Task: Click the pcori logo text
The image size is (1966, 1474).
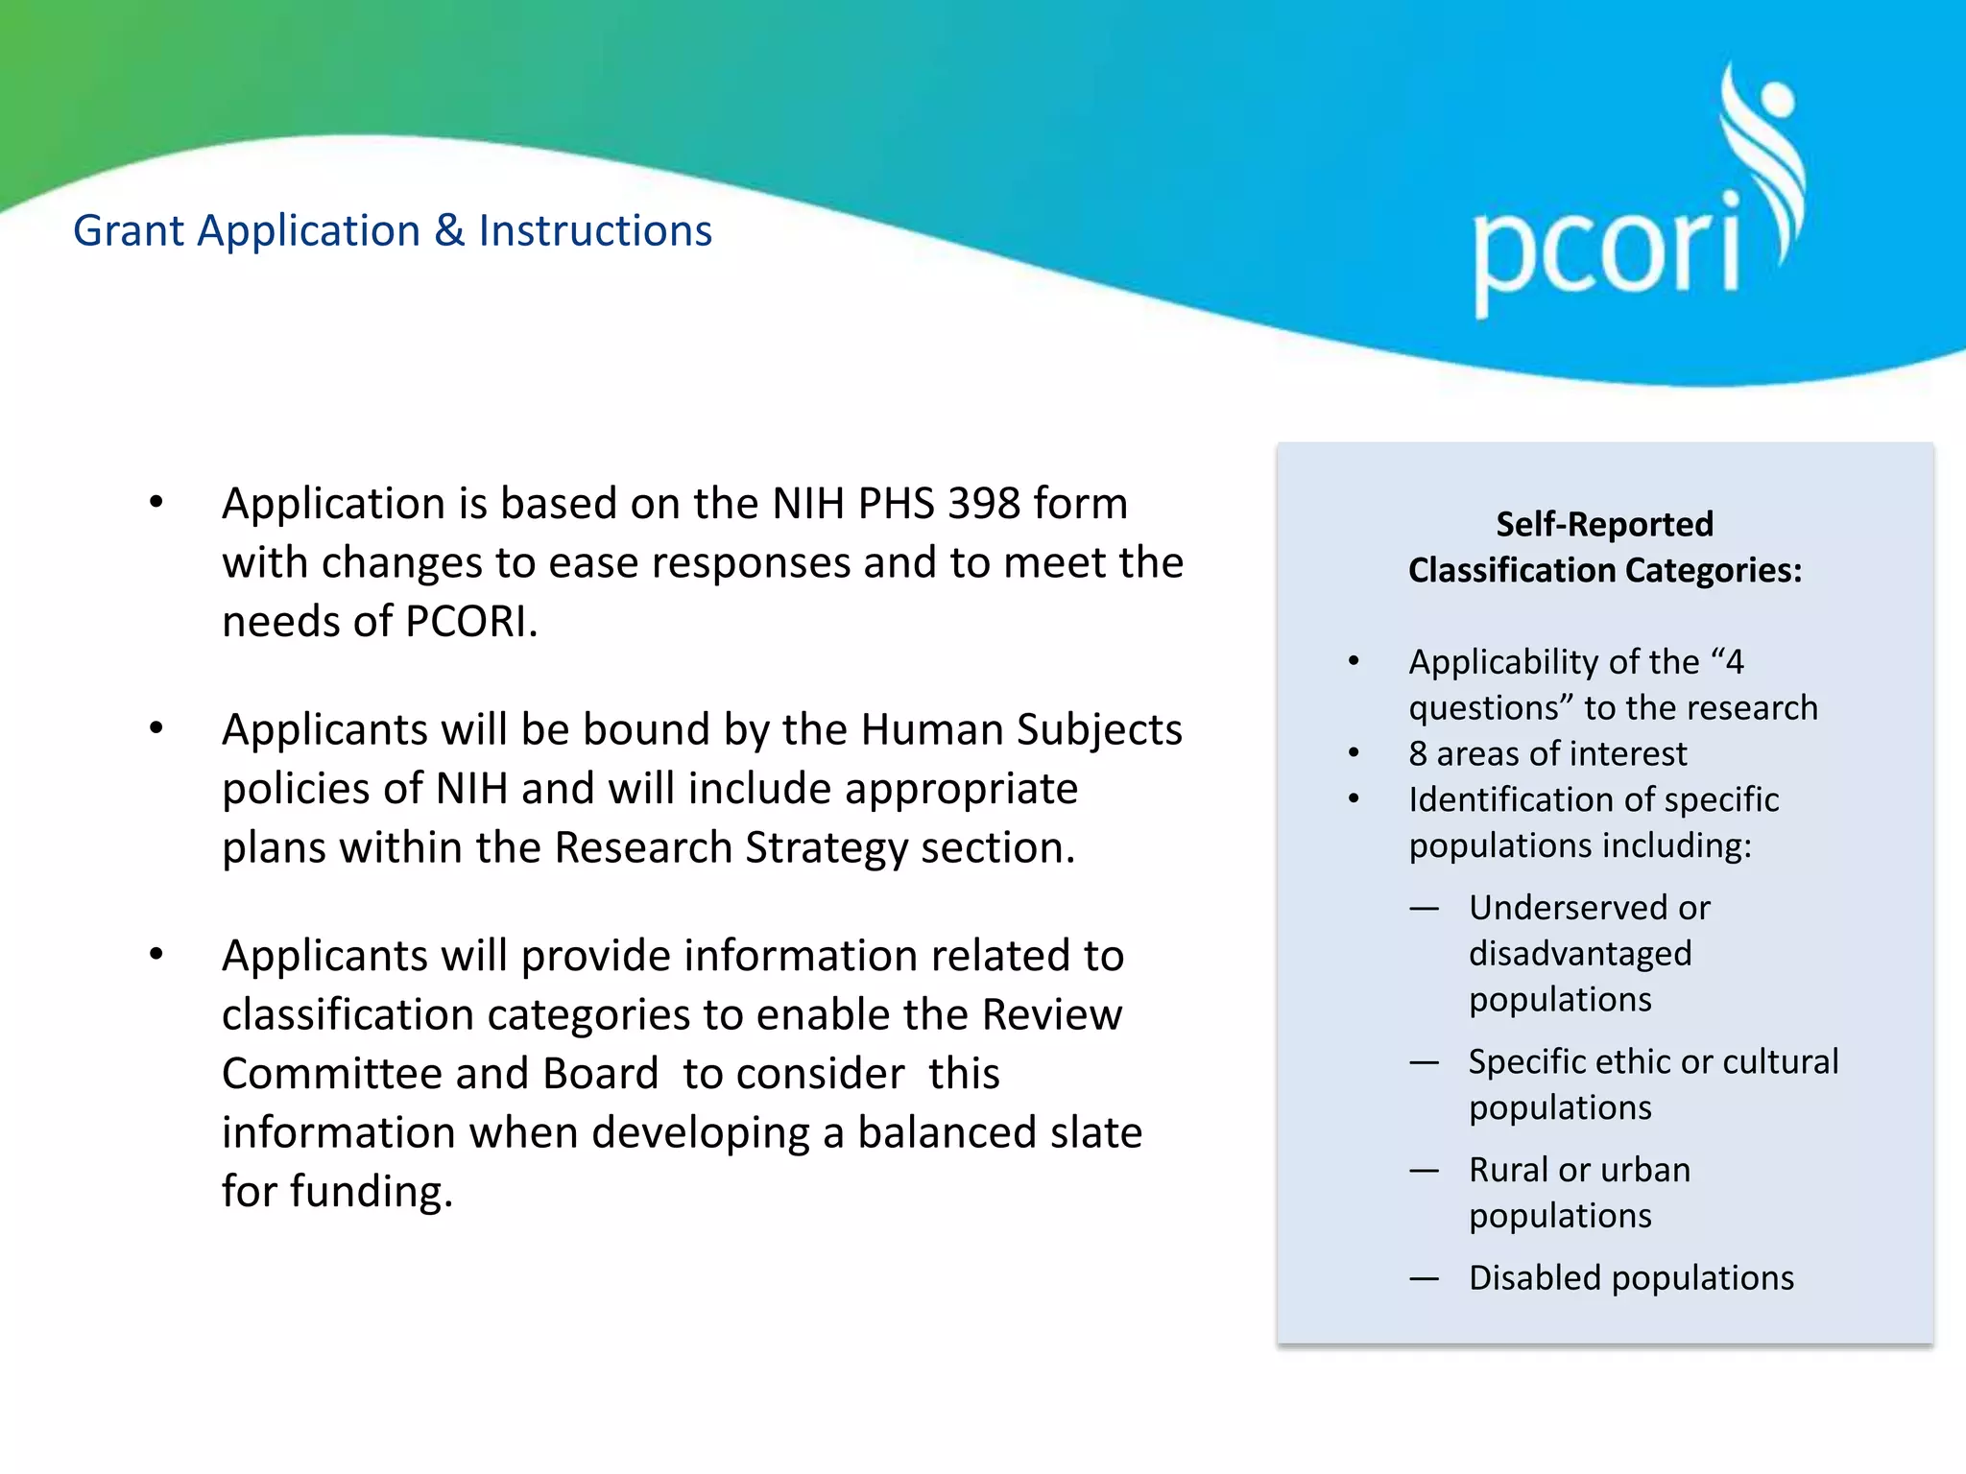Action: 1606,251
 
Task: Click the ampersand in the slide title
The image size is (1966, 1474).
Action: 448,231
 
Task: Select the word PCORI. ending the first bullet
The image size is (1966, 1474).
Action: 471,622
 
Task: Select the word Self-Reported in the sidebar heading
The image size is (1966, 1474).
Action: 1604,525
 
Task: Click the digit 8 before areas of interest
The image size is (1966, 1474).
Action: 1418,754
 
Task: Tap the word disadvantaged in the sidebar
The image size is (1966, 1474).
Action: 1580,954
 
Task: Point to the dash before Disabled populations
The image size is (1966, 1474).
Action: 1424,1278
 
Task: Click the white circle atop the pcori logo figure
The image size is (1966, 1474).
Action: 1776,97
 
